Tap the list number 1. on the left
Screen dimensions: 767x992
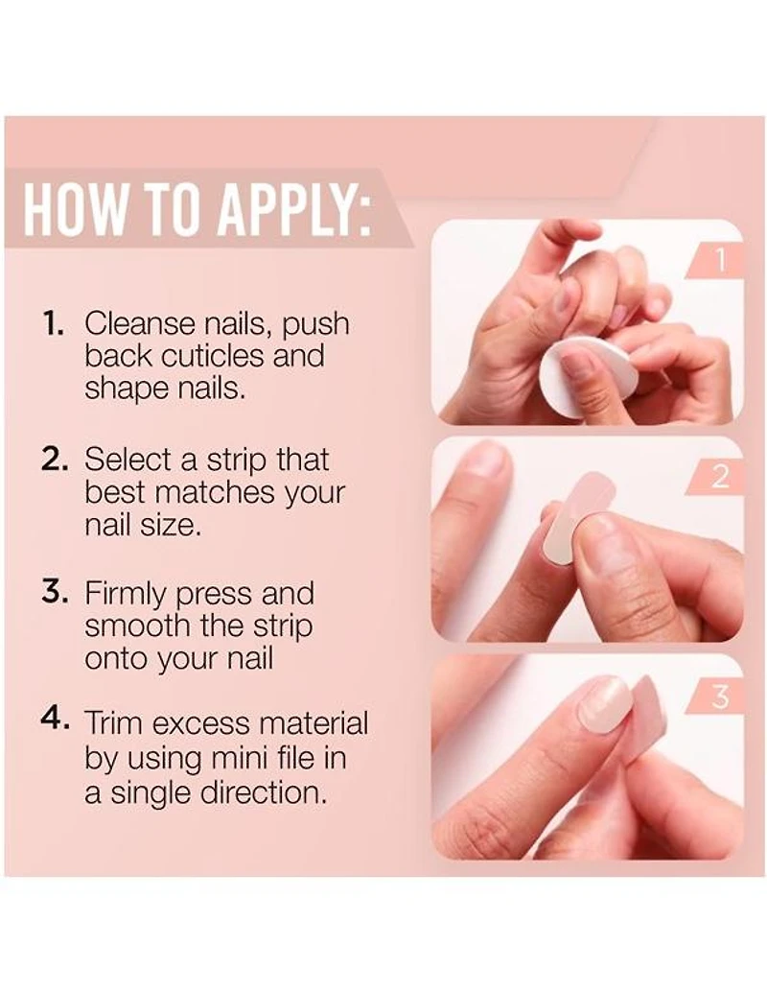click(x=53, y=323)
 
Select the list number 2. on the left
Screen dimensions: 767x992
click(x=54, y=460)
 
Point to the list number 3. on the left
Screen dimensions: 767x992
click(x=55, y=593)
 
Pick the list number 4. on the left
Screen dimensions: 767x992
click(x=55, y=719)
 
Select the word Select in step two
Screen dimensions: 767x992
click(x=128, y=460)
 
